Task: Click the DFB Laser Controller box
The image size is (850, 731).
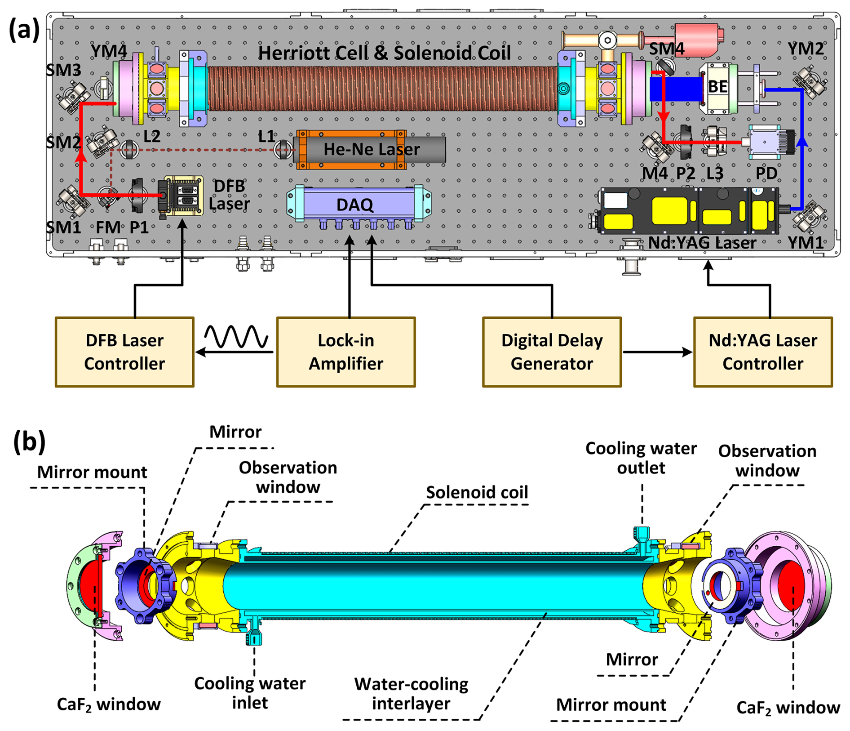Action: [x=124, y=352]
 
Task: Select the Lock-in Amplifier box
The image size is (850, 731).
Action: [x=345, y=352]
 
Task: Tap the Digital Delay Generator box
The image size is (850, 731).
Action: [x=552, y=352]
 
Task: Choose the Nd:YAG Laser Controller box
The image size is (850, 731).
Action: [x=762, y=352]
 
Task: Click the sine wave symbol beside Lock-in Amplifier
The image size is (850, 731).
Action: [x=236, y=337]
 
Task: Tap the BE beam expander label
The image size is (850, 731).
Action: [x=717, y=87]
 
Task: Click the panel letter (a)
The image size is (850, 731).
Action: [x=24, y=31]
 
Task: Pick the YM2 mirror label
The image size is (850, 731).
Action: [x=806, y=49]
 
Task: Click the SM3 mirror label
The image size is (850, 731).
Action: [x=63, y=70]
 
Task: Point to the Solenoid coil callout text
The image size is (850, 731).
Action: [x=477, y=492]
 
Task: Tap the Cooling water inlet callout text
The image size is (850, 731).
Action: [x=250, y=693]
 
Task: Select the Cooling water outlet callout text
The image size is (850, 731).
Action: [x=641, y=458]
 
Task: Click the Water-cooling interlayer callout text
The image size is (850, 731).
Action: [x=411, y=694]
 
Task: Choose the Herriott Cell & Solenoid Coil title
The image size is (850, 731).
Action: [x=384, y=53]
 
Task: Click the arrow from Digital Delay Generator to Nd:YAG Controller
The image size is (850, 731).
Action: [x=657, y=352]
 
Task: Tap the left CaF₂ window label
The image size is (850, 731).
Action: [x=109, y=704]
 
